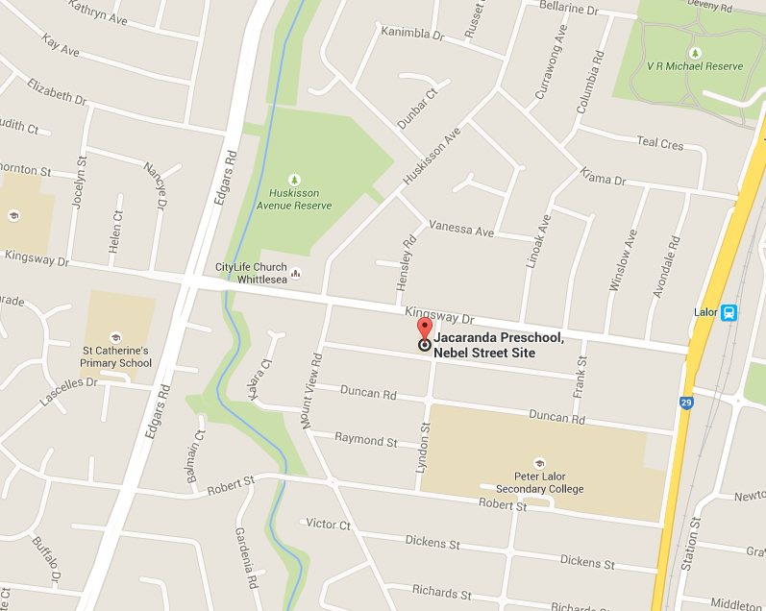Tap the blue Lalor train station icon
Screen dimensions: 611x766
coord(729,312)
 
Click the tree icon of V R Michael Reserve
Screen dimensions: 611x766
coord(694,52)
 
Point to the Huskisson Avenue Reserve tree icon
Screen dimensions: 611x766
coord(294,179)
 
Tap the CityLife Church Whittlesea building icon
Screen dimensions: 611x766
coord(295,273)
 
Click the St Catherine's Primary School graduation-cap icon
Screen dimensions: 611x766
coord(116,337)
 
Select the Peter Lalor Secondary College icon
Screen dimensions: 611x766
coord(539,463)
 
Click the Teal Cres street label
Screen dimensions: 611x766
coord(660,143)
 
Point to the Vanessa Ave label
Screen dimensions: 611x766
coord(461,232)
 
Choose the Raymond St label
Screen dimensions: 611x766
coord(365,440)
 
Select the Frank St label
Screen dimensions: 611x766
coord(581,376)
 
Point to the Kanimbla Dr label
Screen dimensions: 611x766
coord(412,33)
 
